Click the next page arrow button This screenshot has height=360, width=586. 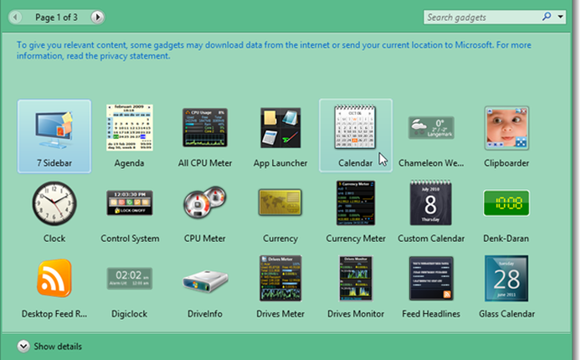tap(98, 17)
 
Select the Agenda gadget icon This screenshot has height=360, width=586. tap(130, 128)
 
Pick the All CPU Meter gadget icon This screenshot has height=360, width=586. tap(205, 128)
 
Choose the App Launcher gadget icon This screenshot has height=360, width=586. tap(280, 128)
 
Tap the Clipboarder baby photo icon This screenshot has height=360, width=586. tap(506, 128)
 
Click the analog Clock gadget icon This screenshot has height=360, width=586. tap(54, 203)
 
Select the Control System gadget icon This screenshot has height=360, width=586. tap(130, 203)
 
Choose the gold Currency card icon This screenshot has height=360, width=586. tap(280, 203)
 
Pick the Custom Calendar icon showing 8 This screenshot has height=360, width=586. tap(430, 203)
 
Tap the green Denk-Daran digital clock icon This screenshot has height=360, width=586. tap(506, 203)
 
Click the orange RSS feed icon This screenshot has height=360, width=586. tap(54, 279)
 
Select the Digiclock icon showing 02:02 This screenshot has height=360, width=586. tap(130, 279)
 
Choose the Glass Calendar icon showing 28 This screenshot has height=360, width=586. tap(506, 279)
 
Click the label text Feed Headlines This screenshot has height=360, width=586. tap(431, 314)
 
